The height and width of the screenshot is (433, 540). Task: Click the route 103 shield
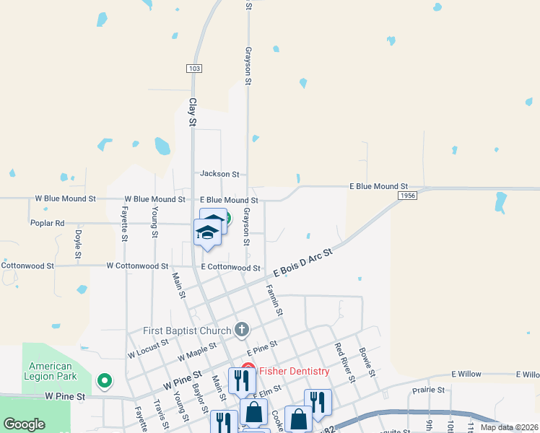pos(193,69)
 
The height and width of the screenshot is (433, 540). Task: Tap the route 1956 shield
pos(407,196)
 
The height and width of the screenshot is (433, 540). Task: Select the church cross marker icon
pos(242,331)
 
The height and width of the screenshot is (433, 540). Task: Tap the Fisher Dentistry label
pos(295,372)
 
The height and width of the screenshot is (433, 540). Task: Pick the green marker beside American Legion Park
pos(105,380)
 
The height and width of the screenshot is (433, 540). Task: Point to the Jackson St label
pos(219,174)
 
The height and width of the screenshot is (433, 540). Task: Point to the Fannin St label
pos(274,299)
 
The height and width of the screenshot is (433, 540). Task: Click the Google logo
pos(25,424)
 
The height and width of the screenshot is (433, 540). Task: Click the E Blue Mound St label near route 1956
pos(379,186)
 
